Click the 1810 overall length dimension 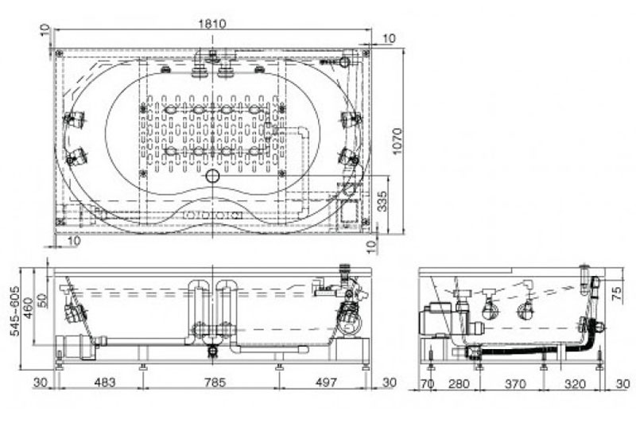tap(211, 24)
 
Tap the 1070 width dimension tap(397, 141)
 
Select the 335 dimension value tap(382, 201)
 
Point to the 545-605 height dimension tap(15, 311)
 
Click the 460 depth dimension tap(28, 308)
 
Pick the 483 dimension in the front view tap(105, 382)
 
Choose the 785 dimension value tap(215, 382)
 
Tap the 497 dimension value tap(326, 382)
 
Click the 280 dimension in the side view tap(459, 383)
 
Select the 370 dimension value tap(515, 383)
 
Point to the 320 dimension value tap(575, 383)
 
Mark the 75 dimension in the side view tap(617, 293)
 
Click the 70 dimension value tap(428, 383)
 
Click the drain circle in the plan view tap(212, 176)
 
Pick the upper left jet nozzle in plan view tap(75, 119)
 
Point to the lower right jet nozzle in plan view tap(350, 156)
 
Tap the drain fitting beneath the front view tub tap(211, 351)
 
